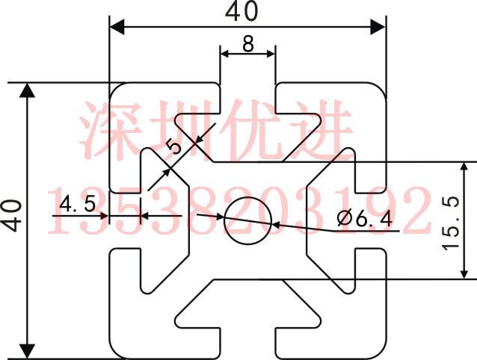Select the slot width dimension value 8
(x=248, y=43)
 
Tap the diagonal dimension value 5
(x=176, y=144)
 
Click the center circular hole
(x=248, y=221)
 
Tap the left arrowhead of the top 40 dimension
(x=116, y=26)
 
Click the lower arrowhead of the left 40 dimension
(x=28, y=351)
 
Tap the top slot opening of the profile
(x=248, y=93)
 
